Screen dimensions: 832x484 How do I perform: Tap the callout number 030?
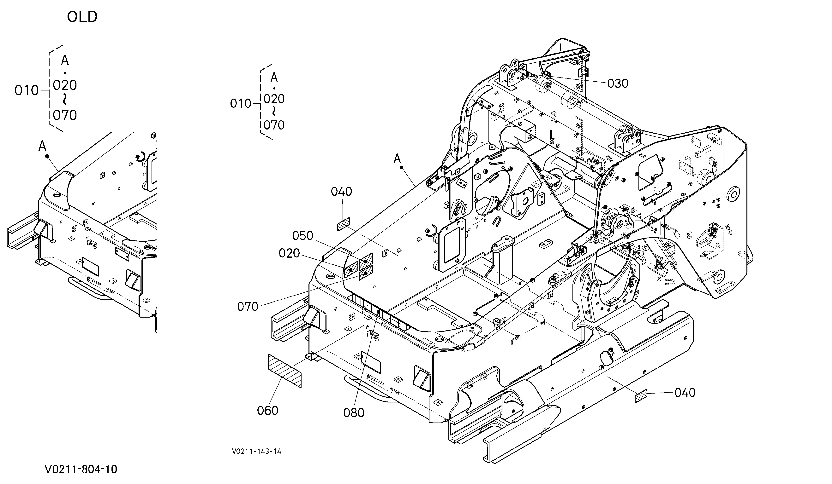pos(618,84)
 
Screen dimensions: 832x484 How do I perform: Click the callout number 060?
pos(267,411)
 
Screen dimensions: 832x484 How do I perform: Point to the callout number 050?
pos(303,236)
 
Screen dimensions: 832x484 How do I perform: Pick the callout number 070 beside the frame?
pos(248,307)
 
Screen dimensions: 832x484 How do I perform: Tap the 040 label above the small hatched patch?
pos(341,192)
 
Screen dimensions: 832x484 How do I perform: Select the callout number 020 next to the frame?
pos(289,253)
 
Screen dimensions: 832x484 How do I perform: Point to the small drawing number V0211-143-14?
pos(257,451)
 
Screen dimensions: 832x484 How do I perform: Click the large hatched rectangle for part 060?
pos(285,371)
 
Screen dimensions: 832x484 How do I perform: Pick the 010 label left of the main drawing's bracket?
pos(241,104)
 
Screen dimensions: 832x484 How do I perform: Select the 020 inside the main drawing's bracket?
pos(274,99)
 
